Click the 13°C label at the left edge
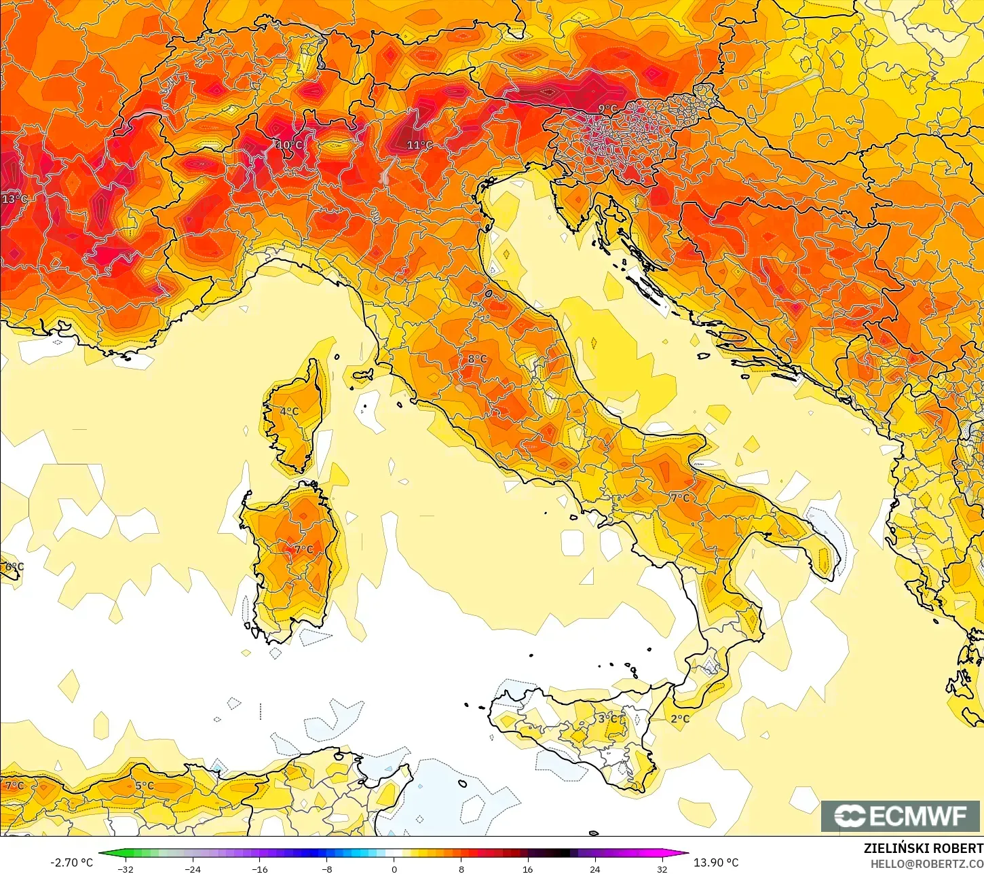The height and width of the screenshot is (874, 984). tap(14, 199)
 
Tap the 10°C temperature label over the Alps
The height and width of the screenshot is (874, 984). tap(289, 145)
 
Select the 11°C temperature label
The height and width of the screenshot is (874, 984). tap(419, 145)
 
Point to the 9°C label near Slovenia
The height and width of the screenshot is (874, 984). tap(607, 109)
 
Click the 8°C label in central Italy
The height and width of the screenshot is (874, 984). tap(477, 359)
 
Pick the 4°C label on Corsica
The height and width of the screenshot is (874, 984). tap(289, 412)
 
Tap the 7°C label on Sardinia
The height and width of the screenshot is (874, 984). tap(303, 549)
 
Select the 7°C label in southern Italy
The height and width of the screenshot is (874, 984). tap(679, 498)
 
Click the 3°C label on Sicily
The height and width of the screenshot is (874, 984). tap(607, 718)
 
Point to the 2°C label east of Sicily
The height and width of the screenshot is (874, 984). tap(679, 718)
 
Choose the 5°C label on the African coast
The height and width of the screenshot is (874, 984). tap(144, 786)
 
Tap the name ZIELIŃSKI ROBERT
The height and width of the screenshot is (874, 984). tap(923, 848)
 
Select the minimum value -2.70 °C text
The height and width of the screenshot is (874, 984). tap(71, 862)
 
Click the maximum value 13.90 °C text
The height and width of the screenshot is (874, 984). tap(716, 862)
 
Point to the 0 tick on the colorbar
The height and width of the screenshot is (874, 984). tap(394, 869)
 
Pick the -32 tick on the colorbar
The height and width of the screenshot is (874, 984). tap(125, 869)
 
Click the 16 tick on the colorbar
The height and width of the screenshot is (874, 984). tap(527, 869)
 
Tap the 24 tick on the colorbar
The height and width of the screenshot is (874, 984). tap(594, 869)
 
